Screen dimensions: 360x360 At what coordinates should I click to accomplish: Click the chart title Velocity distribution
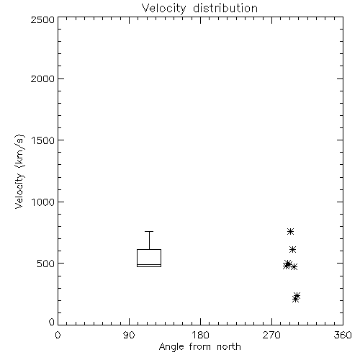click(199, 9)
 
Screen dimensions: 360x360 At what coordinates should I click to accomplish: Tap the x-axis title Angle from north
click(199, 347)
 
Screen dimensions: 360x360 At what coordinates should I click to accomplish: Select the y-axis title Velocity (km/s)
click(19, 171)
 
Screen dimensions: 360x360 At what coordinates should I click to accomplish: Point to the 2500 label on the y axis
click(42, 19)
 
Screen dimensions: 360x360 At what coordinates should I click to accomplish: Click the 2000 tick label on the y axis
click(42, 78)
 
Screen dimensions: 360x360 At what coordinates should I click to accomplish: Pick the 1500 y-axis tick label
click(43, 140)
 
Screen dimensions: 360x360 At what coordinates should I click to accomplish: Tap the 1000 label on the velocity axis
click(43, 202)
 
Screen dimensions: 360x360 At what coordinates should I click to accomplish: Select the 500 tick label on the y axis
click(46, 264)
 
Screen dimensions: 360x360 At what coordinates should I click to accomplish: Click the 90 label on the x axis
click(129, 335)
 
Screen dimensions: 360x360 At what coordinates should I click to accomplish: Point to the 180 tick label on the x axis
click(200, 335)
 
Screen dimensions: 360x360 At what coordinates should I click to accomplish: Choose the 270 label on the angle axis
click(271, 335)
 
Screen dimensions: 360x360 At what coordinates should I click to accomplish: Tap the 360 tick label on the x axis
click(343, 335)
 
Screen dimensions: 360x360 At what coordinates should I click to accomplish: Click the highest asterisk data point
click(290, 231)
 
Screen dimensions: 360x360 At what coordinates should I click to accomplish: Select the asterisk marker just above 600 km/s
click(292, 249)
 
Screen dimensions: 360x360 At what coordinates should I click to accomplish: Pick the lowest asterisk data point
click(295, 299)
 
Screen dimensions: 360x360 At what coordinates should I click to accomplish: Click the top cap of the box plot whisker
click(149, 231)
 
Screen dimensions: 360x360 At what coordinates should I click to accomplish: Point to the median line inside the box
click(149, 264)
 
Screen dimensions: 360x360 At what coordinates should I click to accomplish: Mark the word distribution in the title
click(225, 8)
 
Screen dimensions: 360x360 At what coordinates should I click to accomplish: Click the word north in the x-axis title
click(229, 347)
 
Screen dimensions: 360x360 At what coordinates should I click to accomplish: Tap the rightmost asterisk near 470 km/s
click(294, 266)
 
